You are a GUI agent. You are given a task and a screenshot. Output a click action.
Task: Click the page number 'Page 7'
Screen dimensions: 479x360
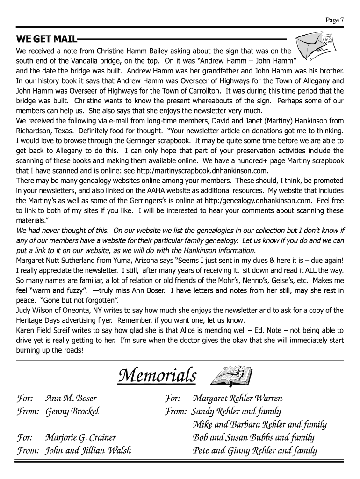[x=335, y=20]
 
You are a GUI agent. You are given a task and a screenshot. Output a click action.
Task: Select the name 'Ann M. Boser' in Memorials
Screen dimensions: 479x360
[x=71, y=399]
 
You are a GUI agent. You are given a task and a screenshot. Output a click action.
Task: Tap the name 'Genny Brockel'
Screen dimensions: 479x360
[x=72, y=412]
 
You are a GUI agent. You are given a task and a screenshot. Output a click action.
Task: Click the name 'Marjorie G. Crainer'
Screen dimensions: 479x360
[x=80, y=438]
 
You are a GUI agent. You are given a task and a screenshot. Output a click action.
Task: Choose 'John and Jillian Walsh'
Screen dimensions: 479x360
[x=88, y=451]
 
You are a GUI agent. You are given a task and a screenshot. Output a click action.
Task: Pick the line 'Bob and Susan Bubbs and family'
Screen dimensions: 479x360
[x=253, y=438]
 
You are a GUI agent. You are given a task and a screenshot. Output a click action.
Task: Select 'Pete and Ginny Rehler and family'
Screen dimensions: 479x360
[x=255, y=451]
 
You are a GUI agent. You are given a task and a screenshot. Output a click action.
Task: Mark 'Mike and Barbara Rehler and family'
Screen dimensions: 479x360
[x=259, y=425]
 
